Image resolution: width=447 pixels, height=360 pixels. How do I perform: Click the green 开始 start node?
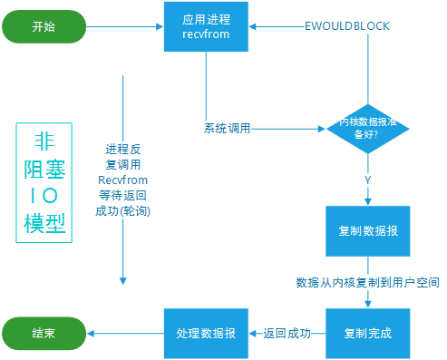coord(43,26)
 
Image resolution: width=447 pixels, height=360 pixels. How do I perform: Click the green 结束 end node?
coord(43,333)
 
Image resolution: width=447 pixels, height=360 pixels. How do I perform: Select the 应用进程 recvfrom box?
coord(206,26)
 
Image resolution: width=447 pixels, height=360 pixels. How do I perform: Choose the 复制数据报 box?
coord(368,231)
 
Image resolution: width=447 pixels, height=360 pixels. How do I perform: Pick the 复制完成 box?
coord(368,333)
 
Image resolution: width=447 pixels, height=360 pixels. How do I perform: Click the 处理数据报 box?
coord(206,333)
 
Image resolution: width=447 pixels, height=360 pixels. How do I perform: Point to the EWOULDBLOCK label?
coord(346,26)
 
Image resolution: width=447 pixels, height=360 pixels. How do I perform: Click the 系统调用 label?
coord(227,128)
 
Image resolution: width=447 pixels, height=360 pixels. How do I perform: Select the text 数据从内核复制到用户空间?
coord(368,283)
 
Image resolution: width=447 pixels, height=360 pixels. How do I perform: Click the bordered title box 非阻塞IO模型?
coord(43,180)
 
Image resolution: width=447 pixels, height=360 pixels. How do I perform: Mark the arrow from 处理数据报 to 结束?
coord(121,333)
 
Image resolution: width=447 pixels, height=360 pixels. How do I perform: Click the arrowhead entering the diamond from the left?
coord(320,129)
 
